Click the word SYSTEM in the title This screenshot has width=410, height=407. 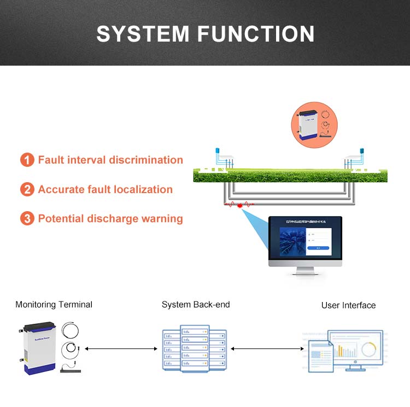click(141, 34)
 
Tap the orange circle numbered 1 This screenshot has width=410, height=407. click(27, 160)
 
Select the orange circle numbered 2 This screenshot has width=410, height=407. click(27, 190)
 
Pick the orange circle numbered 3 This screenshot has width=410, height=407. click(27, 219)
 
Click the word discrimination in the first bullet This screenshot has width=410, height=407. click(145, 160)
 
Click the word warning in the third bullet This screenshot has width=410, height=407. click(162, 219)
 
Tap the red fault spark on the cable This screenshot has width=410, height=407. click(240, 205)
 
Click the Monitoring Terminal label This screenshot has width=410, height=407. click(54, 305)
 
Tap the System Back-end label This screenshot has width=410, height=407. click(196, 305)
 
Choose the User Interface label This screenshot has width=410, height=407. click(348, 305)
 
